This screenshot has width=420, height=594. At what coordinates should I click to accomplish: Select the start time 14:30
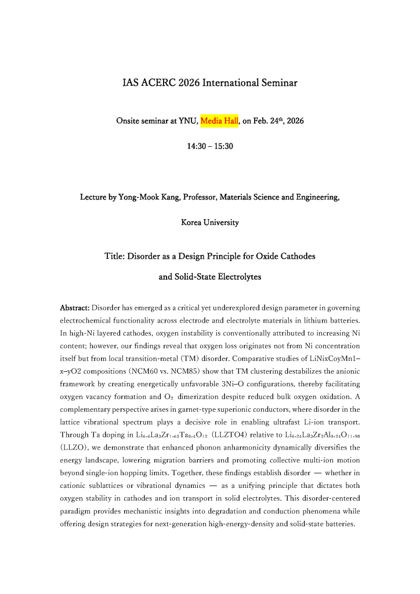click(x=196, y=147)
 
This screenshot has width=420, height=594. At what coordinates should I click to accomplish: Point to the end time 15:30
click(x=223, y=147)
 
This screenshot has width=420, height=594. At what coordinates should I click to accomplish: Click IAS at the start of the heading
click(x=131, y=83)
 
